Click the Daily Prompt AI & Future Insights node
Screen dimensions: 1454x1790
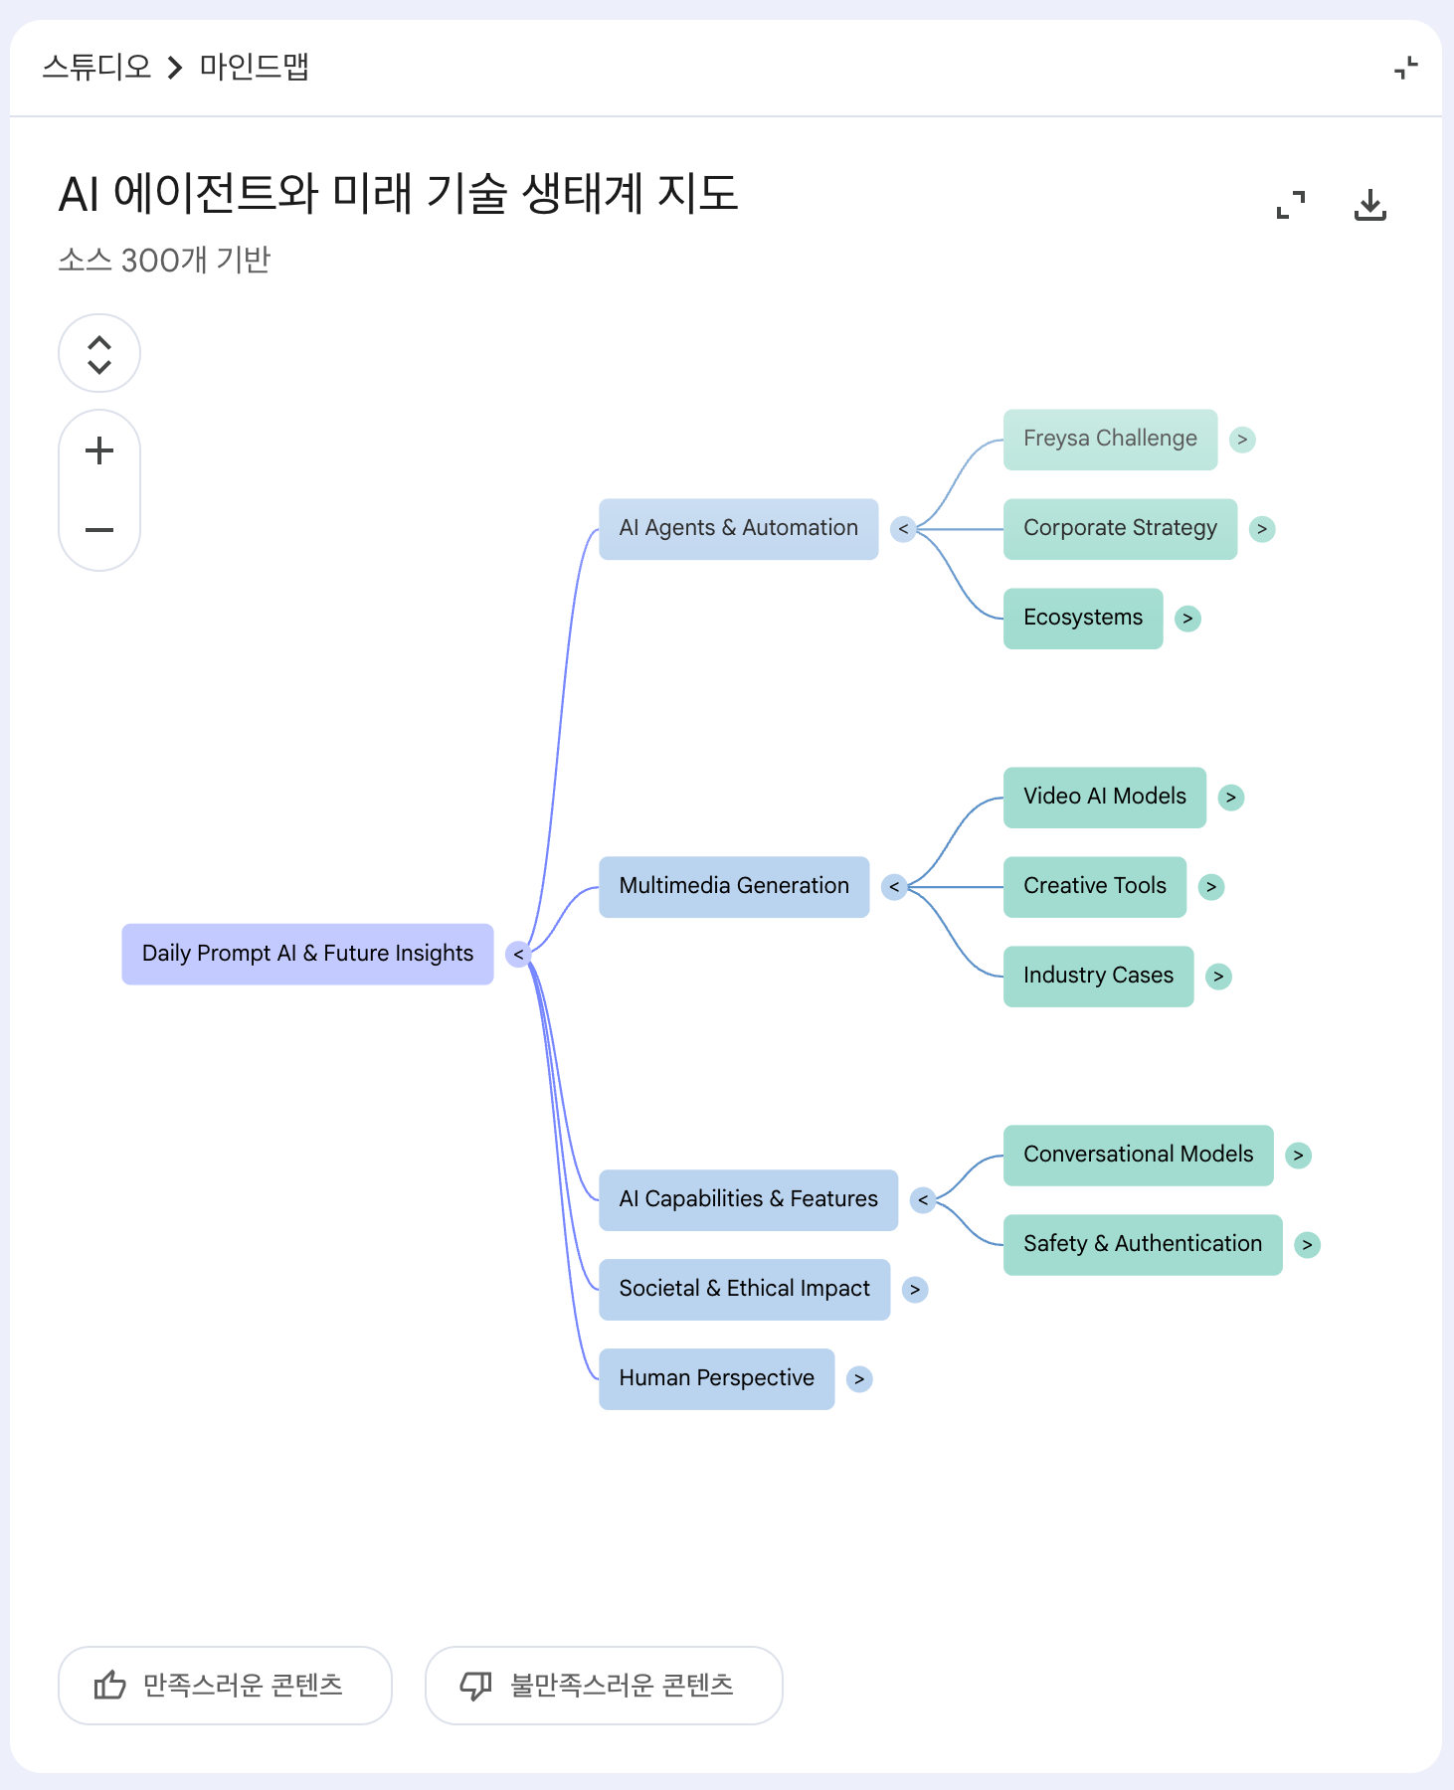307,954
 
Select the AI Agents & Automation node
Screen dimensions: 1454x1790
738,528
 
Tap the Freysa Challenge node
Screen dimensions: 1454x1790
1110,439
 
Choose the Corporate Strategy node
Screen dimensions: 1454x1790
1120,528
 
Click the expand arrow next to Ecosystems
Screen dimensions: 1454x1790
1187,619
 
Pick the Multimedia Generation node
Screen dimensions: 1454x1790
734,886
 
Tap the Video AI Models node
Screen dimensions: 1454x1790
1105,797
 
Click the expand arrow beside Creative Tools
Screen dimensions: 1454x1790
1210,887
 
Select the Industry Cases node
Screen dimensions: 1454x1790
1098,976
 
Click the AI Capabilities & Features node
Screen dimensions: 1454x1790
748,1199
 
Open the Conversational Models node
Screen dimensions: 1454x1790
1138,1155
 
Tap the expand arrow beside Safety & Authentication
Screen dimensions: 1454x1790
1307,1245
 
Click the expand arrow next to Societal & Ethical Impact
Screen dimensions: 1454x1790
915,1290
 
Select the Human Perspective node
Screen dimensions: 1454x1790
716,1378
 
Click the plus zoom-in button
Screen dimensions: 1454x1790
99,450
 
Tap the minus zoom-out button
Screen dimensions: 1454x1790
99,530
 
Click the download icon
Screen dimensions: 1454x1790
1370,205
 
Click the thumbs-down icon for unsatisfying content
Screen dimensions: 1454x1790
475,1686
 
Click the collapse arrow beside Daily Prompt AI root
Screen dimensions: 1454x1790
518,955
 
